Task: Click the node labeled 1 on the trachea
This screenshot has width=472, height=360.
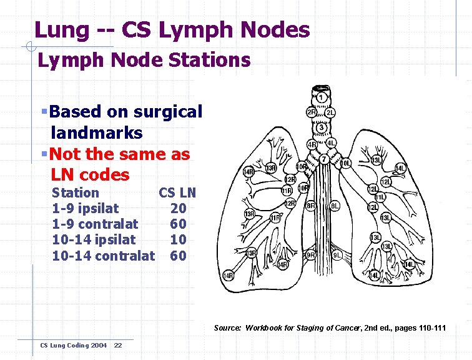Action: [321, 97]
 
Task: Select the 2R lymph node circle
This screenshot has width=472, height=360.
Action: [311, 112]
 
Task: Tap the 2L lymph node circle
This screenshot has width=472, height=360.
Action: [330, 112]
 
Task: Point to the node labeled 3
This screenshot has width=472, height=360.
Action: [321, 127]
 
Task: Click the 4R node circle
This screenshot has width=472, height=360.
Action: [312, 144]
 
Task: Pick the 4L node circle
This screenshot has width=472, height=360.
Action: [332, 143]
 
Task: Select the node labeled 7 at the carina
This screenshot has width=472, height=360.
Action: [324, 159]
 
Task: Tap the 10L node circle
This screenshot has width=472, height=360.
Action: [345, 164]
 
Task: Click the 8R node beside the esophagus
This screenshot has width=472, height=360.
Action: [310, 206]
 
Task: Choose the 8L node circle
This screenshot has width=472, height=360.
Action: [335, 206]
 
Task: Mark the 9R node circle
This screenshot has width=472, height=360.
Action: [310, 255]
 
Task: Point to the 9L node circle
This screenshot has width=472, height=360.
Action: [336, 255]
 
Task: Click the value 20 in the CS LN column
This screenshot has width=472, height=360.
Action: [178, 208]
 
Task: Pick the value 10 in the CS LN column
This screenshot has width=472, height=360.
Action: [178, 239]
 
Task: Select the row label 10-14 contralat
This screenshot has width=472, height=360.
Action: [103, 256]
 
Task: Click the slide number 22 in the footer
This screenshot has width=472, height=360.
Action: [118, 346]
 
